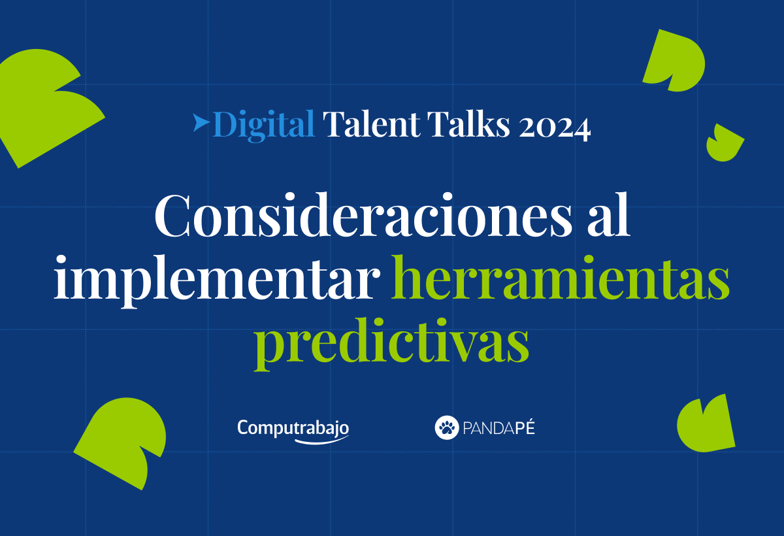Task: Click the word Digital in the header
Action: tap(264, 124)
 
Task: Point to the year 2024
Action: tap(555, 126)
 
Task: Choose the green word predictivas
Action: tap(391, 344)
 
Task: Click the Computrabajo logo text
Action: tap(293, 427)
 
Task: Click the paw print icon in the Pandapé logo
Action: tap(447, 428)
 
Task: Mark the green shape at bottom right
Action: tap(706, 424)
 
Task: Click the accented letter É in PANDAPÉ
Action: tap(529, 428)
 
